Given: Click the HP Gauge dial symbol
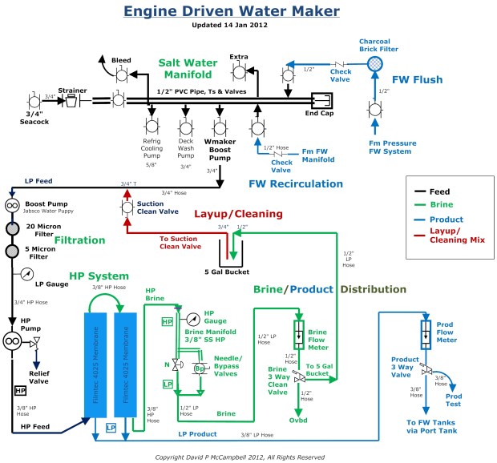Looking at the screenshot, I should click(x=193, y=321).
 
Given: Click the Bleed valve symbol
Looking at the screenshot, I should click(x=120, y=74).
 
